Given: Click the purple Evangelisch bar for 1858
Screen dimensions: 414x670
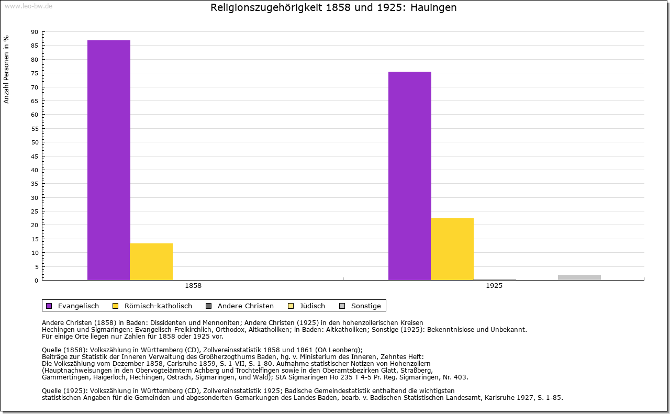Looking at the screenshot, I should [108, 160].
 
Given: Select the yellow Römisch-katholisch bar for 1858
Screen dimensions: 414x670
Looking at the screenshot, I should [151, 262].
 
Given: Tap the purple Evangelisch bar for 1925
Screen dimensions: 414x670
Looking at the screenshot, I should [409, 176].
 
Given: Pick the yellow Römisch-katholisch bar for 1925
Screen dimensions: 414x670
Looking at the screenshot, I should [452, 249].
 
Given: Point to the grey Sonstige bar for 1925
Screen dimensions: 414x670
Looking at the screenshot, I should [579, 277].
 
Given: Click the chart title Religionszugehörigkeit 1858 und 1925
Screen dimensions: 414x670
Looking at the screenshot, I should [333, 8].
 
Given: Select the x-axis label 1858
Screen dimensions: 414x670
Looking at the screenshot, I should [193, 286].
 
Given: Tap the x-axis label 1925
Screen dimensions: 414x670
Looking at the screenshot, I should [494, 286].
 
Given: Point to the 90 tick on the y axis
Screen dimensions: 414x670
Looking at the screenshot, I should [35, 32].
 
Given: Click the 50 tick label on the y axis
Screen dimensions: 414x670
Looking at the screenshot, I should [35, 142].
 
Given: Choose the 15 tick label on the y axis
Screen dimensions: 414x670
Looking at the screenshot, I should [35, 239].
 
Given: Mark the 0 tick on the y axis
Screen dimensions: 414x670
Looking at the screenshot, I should [36, 281].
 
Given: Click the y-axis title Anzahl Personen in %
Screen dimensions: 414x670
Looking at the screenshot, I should [6, 69].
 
